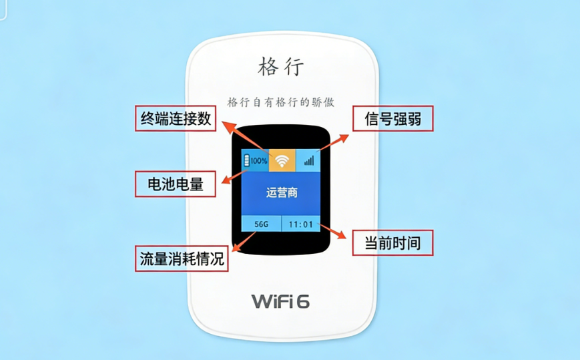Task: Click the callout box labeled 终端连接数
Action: [176, 119]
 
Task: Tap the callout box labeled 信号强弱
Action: [392, 119]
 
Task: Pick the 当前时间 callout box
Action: [392, 242]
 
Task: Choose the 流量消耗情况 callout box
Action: [182, 258]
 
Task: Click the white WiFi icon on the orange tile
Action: [283, 160]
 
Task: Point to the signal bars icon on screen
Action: [308, 161]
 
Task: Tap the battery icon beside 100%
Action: [247, 160]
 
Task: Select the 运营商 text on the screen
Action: [281, 193]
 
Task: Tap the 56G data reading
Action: [261, 224]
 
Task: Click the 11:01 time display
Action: [300, 224]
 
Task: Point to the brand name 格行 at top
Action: [281, 67]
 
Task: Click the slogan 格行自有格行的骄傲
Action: [280, 102]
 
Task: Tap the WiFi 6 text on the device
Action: [280, 301]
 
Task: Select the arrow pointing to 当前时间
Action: [334, 232]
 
